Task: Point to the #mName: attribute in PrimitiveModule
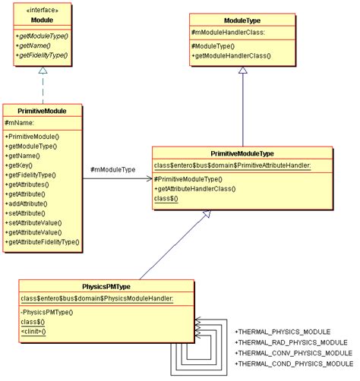(20, 123)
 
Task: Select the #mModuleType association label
(112, 169)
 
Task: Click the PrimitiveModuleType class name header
(242, 152)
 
